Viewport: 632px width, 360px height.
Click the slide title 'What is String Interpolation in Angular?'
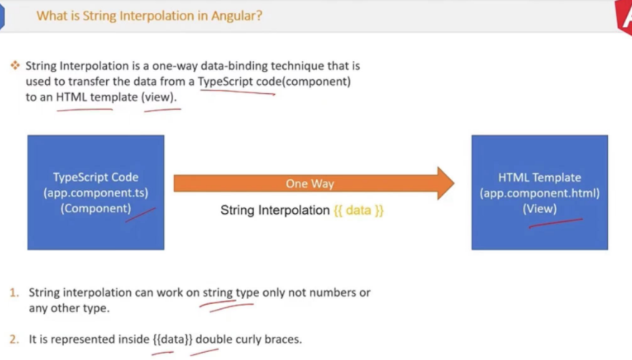[x=149, y=16]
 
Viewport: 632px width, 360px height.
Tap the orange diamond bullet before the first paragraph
[x=15, y=65]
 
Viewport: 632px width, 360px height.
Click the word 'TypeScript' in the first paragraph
[x=225, y=82]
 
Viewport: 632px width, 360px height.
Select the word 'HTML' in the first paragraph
[x=71, y=97]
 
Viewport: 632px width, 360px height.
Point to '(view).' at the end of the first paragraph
[x=159, y=97]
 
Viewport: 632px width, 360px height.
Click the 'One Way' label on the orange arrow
[x=310, y=184]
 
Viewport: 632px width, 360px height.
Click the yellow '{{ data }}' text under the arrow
[x=359, y=210]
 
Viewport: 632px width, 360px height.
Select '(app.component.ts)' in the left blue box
[x=96, y=193]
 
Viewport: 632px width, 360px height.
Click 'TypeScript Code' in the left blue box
[x=96, y=177]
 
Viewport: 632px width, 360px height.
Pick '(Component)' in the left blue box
[x=96, y=209]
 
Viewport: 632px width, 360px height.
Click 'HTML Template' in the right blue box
[x=540, y=177]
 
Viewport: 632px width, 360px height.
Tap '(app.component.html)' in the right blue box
[x=540, y=193]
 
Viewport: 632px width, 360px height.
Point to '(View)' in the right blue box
[x=540, y=209]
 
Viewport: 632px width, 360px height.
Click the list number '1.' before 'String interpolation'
[x=15, y=292]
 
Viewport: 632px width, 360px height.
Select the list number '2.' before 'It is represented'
[x=15, y=340]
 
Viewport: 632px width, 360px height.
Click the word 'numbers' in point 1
[x=332, y=292]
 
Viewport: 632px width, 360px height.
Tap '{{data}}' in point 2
[x=173, y=340]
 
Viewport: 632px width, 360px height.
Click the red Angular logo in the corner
[x=624, y=17]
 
